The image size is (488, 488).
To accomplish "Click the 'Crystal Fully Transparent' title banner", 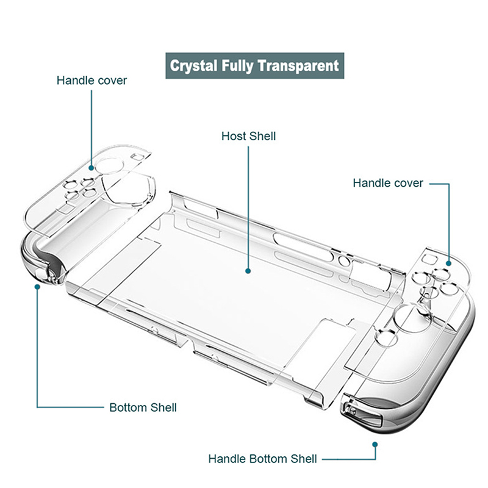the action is (254, 66).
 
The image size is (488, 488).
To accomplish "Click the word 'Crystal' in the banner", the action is (193, 66).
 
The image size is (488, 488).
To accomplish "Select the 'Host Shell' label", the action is (248, 136).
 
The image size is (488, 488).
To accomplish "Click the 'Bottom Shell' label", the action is (143, 407).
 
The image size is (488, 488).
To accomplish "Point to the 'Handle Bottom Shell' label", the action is (262, 459).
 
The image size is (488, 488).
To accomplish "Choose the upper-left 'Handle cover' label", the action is (91, 81).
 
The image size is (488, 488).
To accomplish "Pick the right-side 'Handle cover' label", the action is (388, 183).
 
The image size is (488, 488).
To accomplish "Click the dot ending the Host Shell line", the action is (248, 271).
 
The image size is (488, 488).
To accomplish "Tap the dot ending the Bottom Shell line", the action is (37, 287).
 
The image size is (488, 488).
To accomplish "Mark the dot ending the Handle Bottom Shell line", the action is (375, 445).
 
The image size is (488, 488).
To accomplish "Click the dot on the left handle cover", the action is (91, 168).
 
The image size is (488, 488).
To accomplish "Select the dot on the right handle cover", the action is (448, 264).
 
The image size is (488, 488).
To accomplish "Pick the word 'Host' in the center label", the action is (234, 136).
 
